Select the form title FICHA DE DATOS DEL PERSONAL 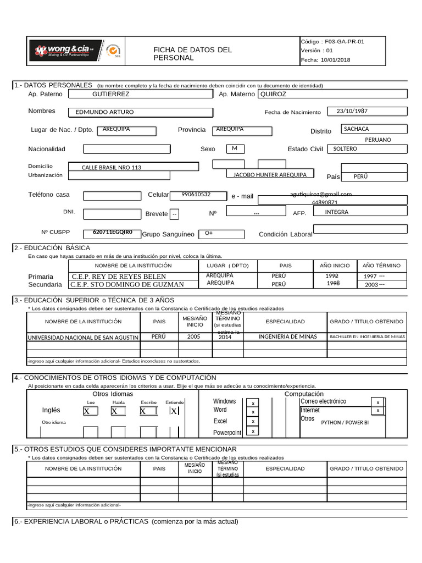[192, 54]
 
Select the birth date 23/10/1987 [352, 111]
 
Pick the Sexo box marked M [235, 148]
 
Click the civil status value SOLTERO [345, 149]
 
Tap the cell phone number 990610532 [196, 195]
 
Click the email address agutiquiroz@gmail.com [321, 194]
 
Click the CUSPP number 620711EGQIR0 [113, 232]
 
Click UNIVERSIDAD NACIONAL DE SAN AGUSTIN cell [83, 337]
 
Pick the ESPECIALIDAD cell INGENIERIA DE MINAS [287, 336]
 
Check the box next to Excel [253, 422]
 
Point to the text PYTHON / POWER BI [345, 423]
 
